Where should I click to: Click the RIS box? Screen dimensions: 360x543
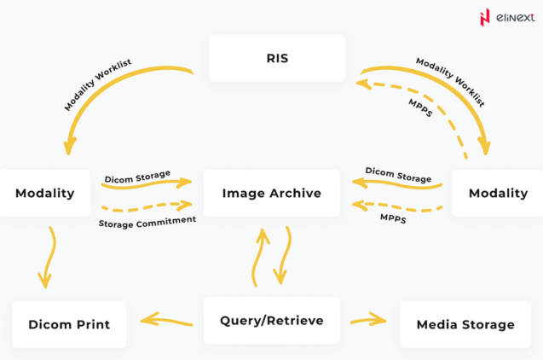point(277,58)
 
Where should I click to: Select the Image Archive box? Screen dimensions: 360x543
point(271,193)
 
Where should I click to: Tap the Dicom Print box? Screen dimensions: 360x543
point(69,324)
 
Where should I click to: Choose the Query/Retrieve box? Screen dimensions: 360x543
point(271,321)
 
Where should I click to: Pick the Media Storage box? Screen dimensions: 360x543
point(465,324)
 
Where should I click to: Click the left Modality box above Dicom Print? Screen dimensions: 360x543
point(44,193)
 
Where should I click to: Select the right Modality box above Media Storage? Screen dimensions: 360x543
point(498,193)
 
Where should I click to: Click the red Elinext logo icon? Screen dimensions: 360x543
point(485,17)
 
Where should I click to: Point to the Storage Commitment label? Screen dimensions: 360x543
point(147,220)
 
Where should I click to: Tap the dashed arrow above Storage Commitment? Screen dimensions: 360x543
point(147,206)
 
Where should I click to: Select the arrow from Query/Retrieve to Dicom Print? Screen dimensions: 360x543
point(166,321)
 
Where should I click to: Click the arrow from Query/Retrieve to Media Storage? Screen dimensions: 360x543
point(368,321)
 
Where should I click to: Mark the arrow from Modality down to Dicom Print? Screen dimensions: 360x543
point(49,256)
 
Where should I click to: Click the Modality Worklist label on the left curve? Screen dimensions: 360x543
point(98,85)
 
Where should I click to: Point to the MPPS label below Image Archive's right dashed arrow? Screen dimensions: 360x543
point(393,219)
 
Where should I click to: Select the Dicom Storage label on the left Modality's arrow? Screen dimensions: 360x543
point(137,177)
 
